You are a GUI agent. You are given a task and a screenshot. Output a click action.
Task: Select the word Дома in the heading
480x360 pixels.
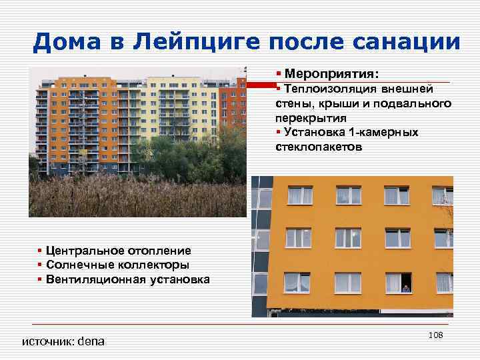[66, 43]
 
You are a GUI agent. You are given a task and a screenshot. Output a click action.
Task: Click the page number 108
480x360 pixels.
[436, 333]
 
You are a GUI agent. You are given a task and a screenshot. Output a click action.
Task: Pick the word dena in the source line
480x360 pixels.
[91, 342]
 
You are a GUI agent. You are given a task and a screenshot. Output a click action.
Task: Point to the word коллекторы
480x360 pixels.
[147, 265]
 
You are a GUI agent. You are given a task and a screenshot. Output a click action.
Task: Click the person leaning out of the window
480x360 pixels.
[405, 289]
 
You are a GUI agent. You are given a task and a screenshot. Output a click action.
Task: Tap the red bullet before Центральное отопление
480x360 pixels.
[40, 251]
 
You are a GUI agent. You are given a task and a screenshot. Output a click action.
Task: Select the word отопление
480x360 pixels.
[159, 251]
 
